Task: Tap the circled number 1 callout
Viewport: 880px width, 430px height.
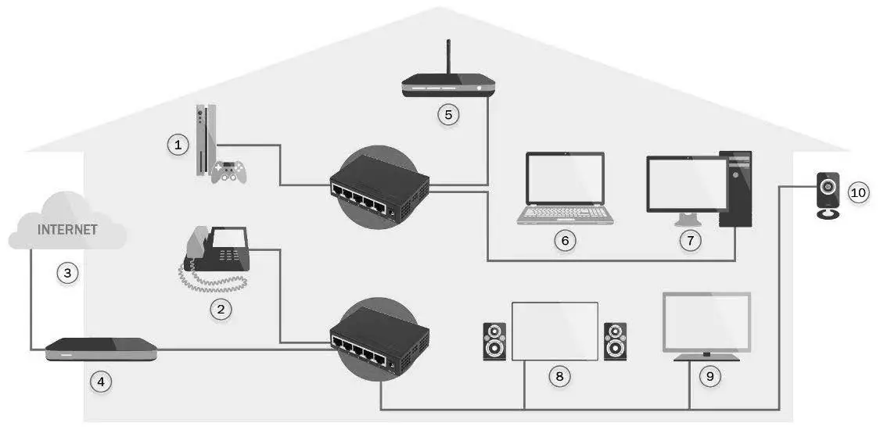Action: point(178,144)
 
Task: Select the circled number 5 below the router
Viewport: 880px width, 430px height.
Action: point(447,115)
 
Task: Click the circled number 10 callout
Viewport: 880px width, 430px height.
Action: point(858,192)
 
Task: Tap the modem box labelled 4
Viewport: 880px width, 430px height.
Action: point(101,349)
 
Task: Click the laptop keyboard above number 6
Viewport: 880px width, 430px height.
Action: point(565,213)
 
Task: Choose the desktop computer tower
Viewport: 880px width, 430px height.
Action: point(735,188)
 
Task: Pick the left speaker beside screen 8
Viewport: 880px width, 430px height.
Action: point(494,341)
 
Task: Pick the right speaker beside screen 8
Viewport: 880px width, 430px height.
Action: point(615,341)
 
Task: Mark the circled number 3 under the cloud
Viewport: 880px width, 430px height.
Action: point(68,273)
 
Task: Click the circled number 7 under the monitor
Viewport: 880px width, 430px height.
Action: point(690,240)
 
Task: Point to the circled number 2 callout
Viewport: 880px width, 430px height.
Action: point(221,309)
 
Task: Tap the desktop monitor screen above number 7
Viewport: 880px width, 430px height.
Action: point(685,184)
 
